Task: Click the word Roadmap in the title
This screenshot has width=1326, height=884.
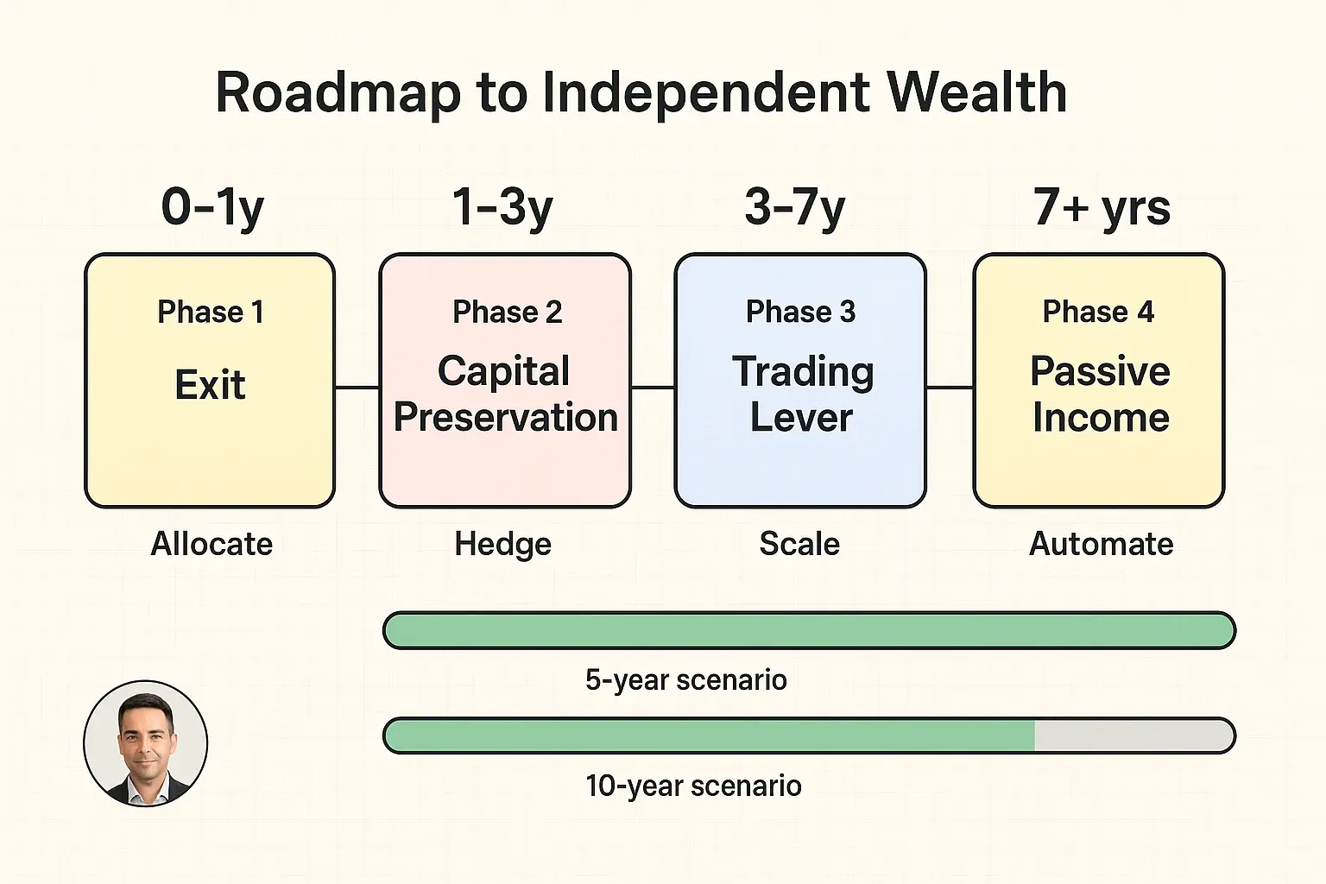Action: (x=338, y=92)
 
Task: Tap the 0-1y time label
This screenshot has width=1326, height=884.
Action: (x=212, y=208)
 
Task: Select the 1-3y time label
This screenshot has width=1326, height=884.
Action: (x=502, y=208)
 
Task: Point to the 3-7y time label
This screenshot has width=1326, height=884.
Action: (x=794, y=208)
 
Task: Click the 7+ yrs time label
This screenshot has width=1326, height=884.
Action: (x=1102, y=208)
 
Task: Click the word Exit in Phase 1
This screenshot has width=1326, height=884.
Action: (x=210, y=385)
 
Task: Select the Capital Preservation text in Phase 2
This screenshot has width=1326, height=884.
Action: (x=505, y=395)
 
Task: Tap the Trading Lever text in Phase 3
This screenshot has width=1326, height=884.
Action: (x=802, y=395)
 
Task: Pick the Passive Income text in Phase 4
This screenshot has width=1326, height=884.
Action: (x=1101, y=395)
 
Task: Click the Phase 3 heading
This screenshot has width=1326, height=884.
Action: (x=800, y=312)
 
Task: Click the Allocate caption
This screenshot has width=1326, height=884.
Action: (x=212, y=544)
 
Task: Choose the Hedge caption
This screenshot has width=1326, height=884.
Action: (x=502, y=545)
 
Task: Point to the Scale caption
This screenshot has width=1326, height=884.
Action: (x=799, y=544)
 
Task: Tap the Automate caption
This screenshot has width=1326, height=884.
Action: (x=1101, y=544)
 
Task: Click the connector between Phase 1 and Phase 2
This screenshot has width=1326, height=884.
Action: (x=357, y=388)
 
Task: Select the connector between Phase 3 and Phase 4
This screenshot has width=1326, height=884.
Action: (x=950, y=388)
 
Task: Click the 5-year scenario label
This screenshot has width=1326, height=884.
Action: (x=685, y=680)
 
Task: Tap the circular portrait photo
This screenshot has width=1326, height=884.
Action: (x=146, y=743)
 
